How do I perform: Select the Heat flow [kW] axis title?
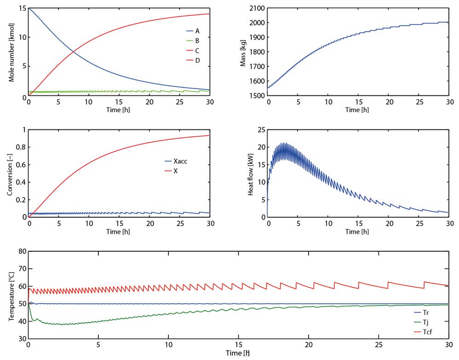click(x=251, y=173)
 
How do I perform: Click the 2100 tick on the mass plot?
click(x=256, y=8)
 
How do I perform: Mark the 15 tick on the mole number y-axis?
click(x=22, y=8)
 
